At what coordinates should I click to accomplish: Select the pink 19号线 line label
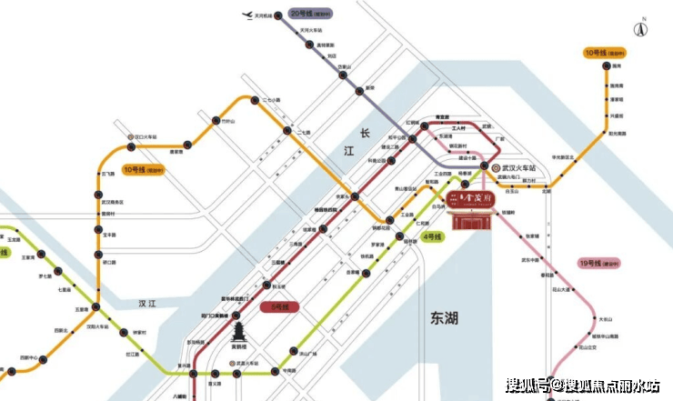pos(599,264)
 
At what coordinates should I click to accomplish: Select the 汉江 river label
pos(141,302)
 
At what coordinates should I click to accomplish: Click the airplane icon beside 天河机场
pos(244,15)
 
